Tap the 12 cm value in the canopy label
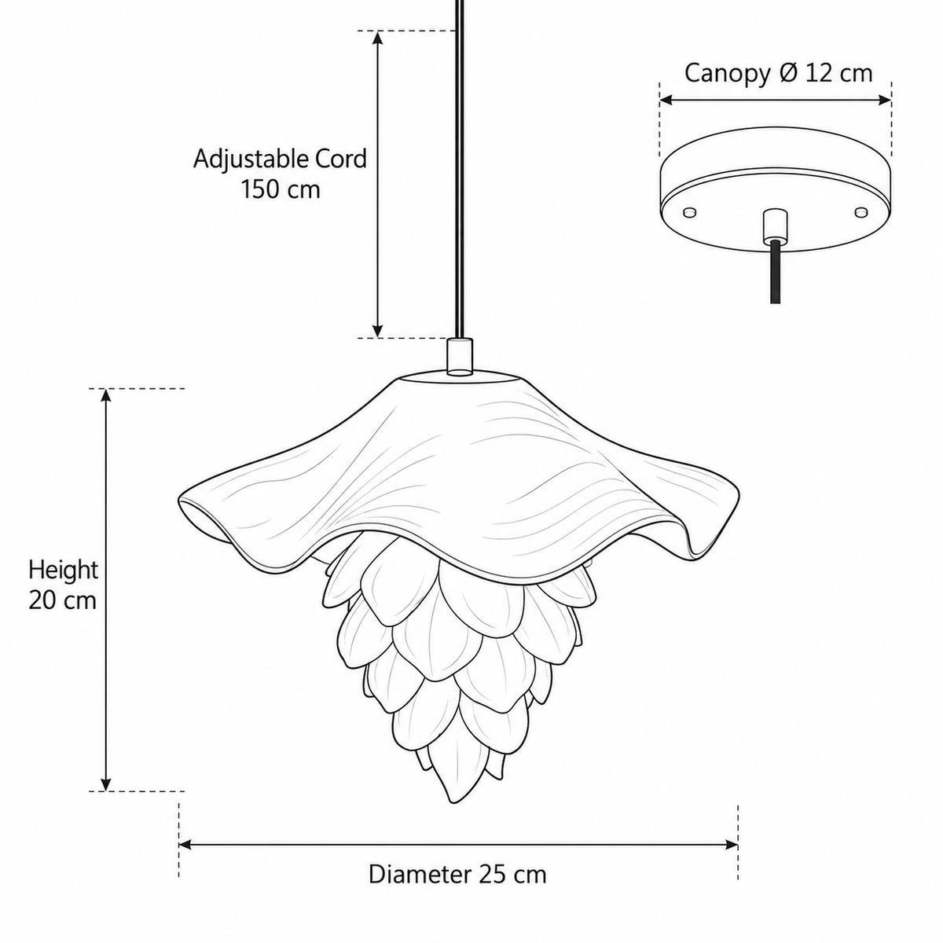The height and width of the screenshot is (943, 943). (x=839, y=73)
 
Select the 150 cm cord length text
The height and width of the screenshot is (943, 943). (x=281, y=190)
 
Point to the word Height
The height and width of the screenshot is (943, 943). (x=63, y=571)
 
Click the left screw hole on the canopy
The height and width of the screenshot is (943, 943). (x=690, y=212)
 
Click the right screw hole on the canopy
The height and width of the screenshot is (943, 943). (x=860, y=212)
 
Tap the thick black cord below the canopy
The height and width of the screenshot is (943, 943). (x=775, y=272)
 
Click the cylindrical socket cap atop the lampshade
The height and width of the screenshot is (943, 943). (x=460, y=356)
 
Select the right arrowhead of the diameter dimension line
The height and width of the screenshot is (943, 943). (x=731, y=845)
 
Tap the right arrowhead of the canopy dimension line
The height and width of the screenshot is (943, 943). (x=884, y=101)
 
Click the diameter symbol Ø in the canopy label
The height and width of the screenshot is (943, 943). (x=787, y=74)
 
